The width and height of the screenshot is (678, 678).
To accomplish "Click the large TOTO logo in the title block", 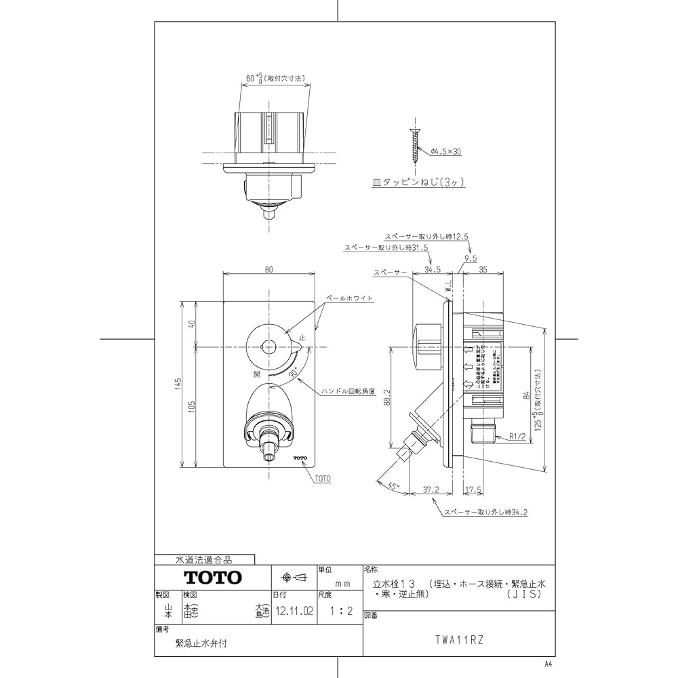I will (214, 577).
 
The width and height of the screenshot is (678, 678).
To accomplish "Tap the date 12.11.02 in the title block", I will (293, 611).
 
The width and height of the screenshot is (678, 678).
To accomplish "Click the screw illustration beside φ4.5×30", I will (414, 145).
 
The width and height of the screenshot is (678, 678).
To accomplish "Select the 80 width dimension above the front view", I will (269, 269).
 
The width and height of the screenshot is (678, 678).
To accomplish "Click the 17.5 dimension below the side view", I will (473, 490).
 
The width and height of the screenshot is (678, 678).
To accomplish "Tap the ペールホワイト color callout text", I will (350, 298).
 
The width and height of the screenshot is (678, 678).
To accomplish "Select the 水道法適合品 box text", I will (204, 560).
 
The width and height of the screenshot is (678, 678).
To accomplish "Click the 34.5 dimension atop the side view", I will (431, 269).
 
